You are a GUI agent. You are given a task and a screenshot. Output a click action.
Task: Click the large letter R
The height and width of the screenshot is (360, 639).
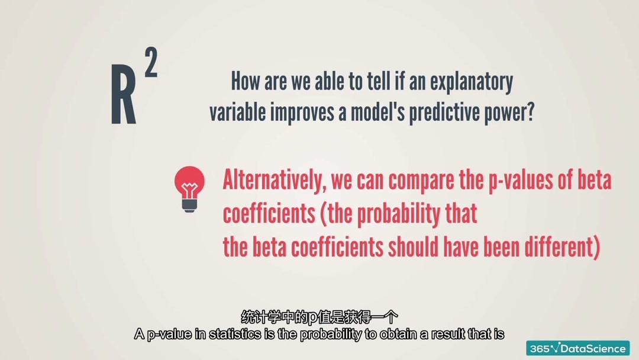coord(124,94)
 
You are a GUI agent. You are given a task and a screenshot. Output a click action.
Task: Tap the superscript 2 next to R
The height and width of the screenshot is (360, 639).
coord(151,62)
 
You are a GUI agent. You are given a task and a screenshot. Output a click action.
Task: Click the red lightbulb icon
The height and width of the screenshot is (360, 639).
coord(189,189)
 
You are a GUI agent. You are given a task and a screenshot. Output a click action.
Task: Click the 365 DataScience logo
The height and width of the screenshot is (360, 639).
coord(578,349)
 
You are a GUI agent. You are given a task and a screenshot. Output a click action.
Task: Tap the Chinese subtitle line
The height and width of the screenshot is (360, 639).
coord(319,317)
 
